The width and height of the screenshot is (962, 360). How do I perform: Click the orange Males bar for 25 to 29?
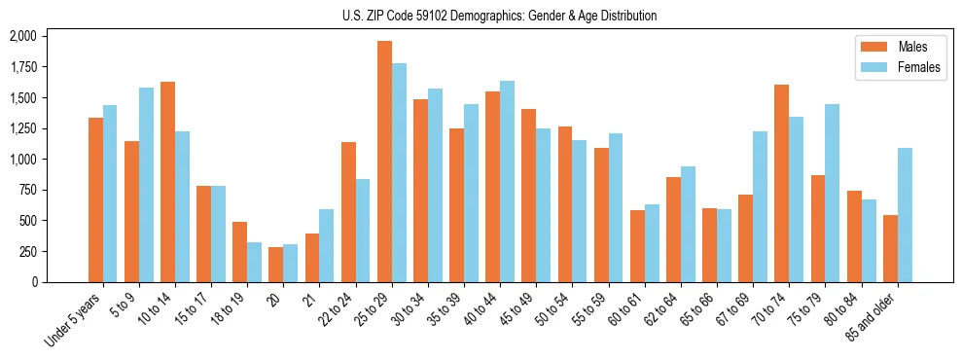pos(384,162)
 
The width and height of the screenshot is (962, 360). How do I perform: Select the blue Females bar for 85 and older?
pos(905,215)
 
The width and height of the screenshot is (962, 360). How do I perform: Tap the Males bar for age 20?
pos(275,265)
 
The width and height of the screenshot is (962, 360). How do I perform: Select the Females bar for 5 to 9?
pos(146,185)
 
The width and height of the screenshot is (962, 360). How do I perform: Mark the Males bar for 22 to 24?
pos(348,212)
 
